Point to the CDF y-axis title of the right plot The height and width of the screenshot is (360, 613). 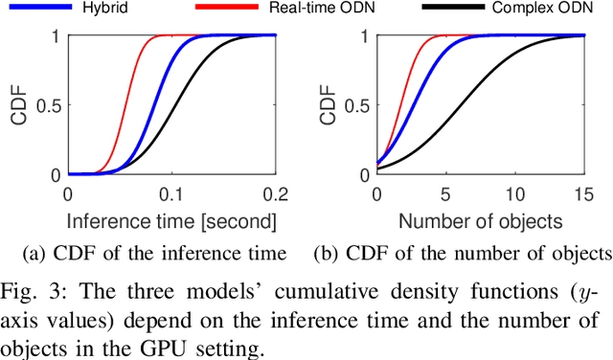(329, 105)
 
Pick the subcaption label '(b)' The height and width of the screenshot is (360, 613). (327, 254)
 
